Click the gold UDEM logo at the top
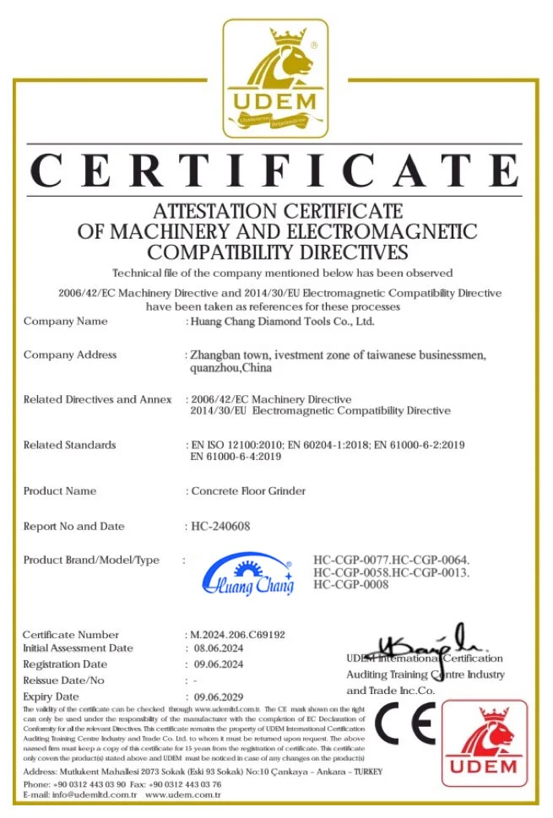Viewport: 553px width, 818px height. [x=275, y=79]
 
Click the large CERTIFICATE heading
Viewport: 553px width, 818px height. [x=275, y=171]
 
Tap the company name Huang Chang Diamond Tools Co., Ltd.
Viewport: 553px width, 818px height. [x=283, y=322]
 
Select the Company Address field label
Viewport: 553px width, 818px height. [x=70, y=355]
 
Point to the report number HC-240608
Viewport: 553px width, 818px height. [x=221, y=527]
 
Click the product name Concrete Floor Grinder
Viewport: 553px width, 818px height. [x=248, y=491]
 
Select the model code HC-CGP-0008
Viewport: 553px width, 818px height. [x=350, y=585]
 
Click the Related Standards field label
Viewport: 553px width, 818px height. [x=70, y=445]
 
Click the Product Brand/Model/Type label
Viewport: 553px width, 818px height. [x=91, y=561]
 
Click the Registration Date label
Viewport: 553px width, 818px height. [x=65, y=665]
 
